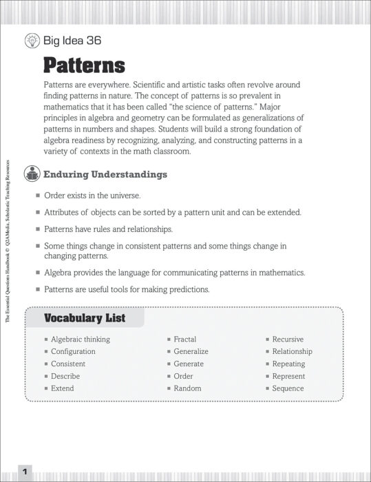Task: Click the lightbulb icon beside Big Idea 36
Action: coord(32,41)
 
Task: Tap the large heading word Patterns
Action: coord(84,65)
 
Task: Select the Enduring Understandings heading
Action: coord(105,174)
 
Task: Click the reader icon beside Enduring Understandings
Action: coord(32,174)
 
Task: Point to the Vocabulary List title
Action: coord(85,318)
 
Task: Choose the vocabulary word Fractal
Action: coord(184,339)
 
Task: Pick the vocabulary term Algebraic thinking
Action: coord(80,339)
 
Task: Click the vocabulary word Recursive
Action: coord(288,339)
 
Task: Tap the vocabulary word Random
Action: coord(187,388)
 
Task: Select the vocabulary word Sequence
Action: coord(288,388)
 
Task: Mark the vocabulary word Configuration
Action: coord(73,351)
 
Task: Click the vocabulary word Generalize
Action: coord(191,351)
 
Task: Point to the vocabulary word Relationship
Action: coord(292,351)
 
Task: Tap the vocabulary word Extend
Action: coord(62,388)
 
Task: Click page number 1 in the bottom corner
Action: coord(24,472)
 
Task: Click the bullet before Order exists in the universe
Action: coord(39,196)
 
